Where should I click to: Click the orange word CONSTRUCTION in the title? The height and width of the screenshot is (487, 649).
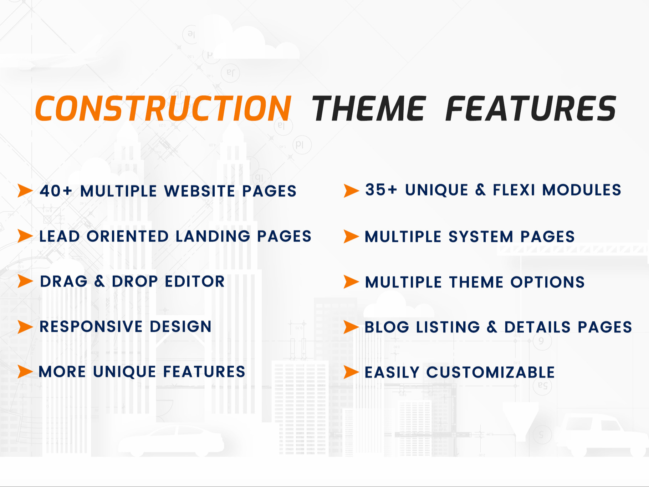tap(163, 108)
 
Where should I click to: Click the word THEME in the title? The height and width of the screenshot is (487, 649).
tap(369, 108)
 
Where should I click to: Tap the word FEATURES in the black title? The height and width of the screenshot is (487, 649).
tap(531, 108)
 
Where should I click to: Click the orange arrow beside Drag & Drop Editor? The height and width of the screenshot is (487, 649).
tap(25, 281)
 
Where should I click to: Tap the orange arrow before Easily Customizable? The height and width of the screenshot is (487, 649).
tap(351, 372)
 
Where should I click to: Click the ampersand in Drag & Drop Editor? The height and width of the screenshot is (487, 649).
tap(99, 281)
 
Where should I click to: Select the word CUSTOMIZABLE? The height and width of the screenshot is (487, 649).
tap(490, 372)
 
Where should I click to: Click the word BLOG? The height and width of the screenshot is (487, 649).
tap(387, 327)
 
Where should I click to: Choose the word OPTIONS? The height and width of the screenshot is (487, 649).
tap(547, 282)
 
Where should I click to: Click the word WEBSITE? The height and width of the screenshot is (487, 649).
tap(199, 191)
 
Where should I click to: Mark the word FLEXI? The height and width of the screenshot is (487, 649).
tap(513, 190)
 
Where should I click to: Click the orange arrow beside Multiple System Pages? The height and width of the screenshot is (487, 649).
tap(351, 236)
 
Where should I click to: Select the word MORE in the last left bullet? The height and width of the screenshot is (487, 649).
tap(62, 372)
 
